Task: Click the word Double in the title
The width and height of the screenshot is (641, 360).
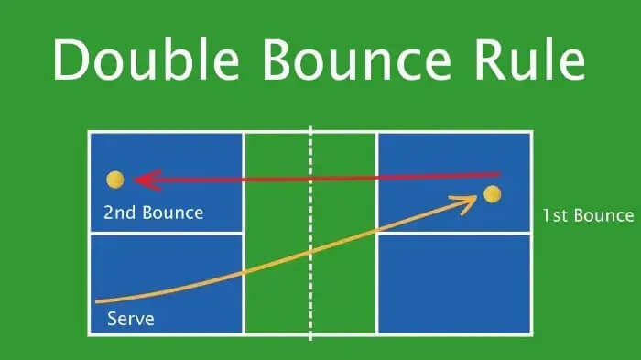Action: [x=146, y=60]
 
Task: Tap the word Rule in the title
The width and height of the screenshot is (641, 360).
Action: [x=529, y=60]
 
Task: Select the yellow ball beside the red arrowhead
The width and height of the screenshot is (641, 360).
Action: [x=115, y=180]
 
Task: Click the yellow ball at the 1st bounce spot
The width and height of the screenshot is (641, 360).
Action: [x=493, y=194]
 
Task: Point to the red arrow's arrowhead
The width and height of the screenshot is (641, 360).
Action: [x=148, y=180]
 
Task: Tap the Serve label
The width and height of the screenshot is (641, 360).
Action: [x=131, y=319]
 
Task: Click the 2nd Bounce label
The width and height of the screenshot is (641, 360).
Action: [x=153, y=213]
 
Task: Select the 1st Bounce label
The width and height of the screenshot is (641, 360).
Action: [x=588, y=215]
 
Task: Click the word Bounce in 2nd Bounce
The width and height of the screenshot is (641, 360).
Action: [x=173, y=213]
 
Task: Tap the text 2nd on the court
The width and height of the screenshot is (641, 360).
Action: [x=119, y=213]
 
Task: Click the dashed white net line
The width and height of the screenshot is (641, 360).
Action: [x=310, y=234]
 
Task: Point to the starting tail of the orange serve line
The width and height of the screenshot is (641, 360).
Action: [x=96, y=302]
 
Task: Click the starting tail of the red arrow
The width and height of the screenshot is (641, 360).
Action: [x=499, y=175]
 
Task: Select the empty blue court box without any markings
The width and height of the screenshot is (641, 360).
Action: [x=454, y=284]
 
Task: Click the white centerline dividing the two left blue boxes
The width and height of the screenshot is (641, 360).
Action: [x=167, y=234]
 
